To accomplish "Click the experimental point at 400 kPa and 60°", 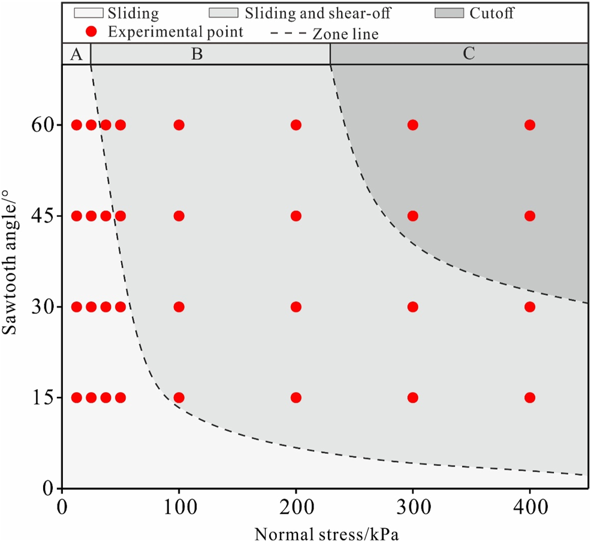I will tap(529, 125).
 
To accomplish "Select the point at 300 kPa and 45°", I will tap(412, 216).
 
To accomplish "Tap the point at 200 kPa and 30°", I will tap(295, 306).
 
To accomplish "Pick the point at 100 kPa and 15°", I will tap(179, 398).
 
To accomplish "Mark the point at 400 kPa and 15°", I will tap(529, 398).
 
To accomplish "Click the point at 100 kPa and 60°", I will tap(179, 125).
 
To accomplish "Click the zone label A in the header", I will tap(76, 54).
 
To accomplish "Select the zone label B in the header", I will tap(197, 54).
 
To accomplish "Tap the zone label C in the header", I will tap(469, 54).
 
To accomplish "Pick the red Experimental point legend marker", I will tap(91, 32).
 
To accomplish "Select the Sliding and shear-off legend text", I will tap(314, 13).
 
